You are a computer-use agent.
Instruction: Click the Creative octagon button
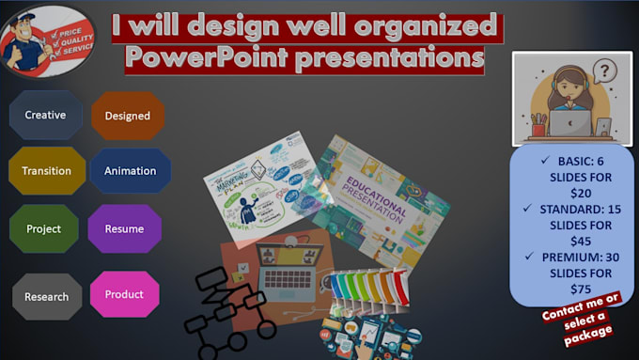point(45,115)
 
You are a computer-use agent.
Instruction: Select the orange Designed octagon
point(127,116)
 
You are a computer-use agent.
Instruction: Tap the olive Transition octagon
point(46,171)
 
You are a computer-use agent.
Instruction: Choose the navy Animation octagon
point(130,171)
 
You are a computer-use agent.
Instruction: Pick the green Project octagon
point(43,228)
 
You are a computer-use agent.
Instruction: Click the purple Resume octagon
point(124,228)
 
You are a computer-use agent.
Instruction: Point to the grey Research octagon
point(46,296)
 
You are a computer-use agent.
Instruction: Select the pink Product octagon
point(124,294)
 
